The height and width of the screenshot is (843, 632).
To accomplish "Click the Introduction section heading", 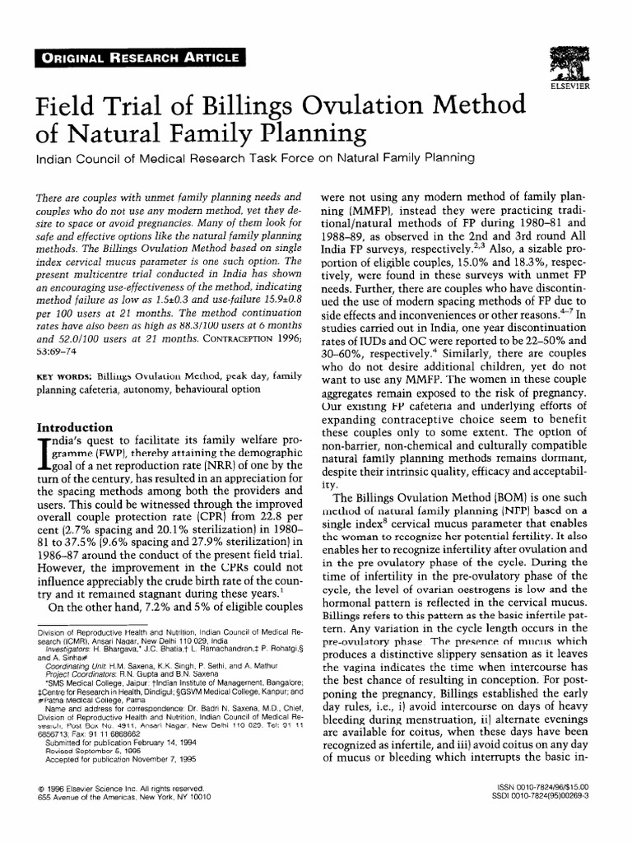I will coord(72,428).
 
